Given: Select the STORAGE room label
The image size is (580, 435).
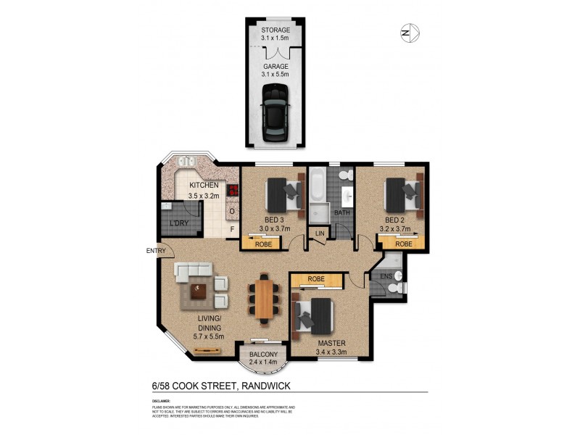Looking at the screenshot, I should tap(275, 30).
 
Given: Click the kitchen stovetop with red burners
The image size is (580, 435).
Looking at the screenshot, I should tap(233, 190).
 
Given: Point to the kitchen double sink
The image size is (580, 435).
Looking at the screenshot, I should tap(184, 163).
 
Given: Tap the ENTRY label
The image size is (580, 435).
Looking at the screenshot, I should tap(156, 252).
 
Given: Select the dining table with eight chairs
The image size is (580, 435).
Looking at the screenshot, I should tap(265, 298).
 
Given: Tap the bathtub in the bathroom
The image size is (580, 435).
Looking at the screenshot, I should tap(317, 188).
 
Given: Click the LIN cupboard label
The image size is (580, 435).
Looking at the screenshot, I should tap(318, 233).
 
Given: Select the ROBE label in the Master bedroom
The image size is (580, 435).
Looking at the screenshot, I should tap(315, 278).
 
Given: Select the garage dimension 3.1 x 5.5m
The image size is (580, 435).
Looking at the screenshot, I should tap(275, 74).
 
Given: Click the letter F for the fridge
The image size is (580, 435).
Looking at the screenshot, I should tap(232, 231).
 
